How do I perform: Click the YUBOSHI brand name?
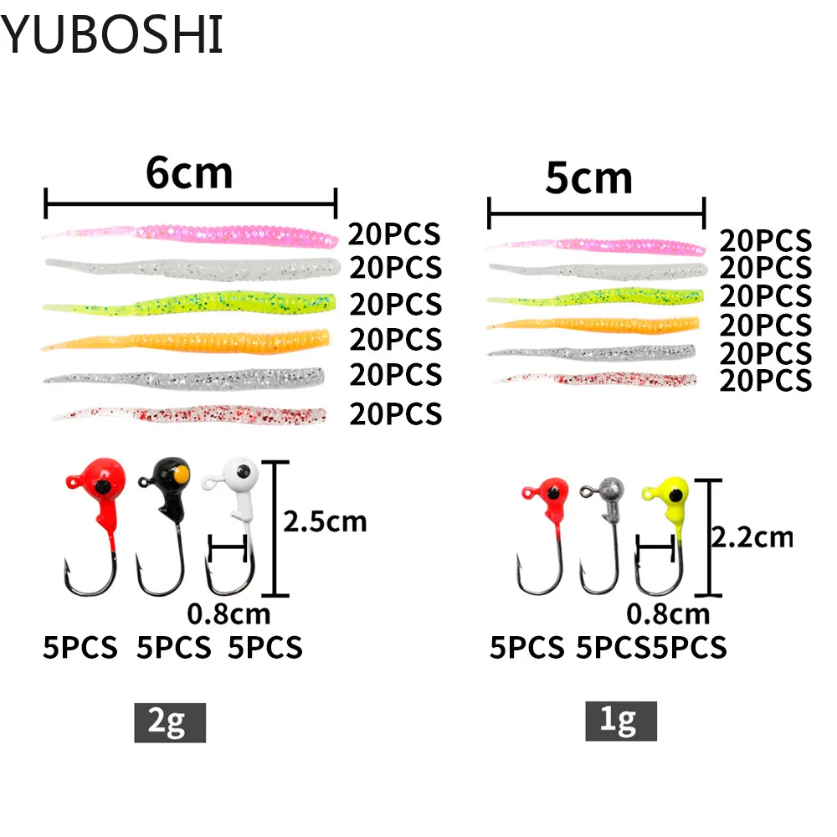112,35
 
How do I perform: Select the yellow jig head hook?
665,519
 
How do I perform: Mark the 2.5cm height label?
325,521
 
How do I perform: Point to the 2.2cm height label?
751,536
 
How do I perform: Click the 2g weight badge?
170,721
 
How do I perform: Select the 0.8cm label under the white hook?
229,614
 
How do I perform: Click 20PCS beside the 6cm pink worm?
395,234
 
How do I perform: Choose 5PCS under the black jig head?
174,647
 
